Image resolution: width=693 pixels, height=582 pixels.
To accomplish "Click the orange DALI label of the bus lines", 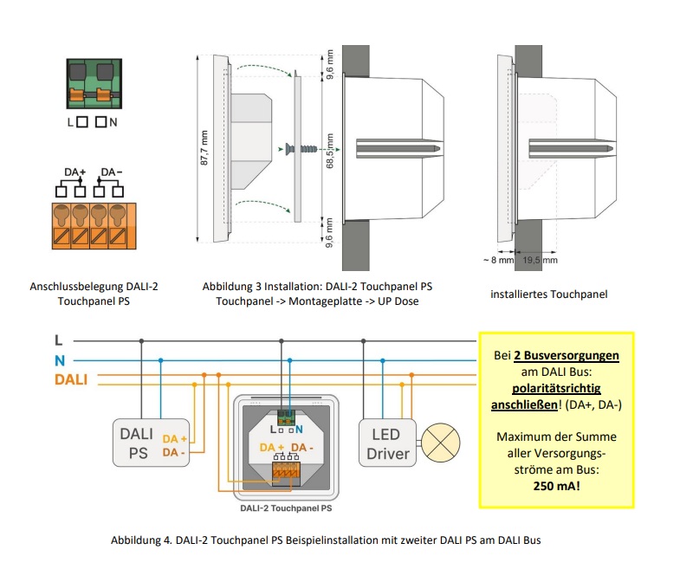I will [71, 378].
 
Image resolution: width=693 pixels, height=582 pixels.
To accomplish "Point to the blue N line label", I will [58, 359].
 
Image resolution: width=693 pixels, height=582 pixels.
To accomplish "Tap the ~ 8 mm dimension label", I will [500, 260].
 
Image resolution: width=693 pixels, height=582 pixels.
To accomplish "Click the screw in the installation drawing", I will [298, 149].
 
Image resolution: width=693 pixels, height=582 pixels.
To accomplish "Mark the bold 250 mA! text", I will [556, 487].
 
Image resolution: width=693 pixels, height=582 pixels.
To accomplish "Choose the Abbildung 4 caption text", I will [326, 540].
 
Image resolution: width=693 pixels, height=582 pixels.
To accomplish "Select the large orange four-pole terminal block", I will [92, 225].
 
